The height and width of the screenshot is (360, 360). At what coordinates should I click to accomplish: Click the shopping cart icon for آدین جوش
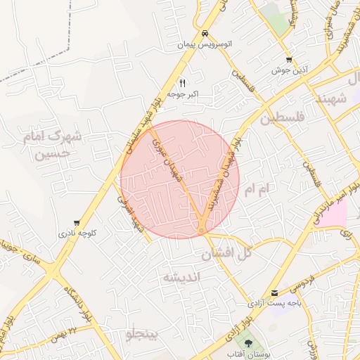point(289,60)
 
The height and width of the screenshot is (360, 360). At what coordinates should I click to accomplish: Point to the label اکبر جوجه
point(184,94)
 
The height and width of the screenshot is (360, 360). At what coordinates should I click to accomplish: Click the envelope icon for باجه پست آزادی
point(274,292)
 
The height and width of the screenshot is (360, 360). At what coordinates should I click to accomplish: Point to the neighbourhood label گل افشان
point(226,255)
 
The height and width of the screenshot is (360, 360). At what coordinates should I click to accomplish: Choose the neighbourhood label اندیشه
point(182,277)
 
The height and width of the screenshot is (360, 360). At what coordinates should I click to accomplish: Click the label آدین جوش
point(289,71)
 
